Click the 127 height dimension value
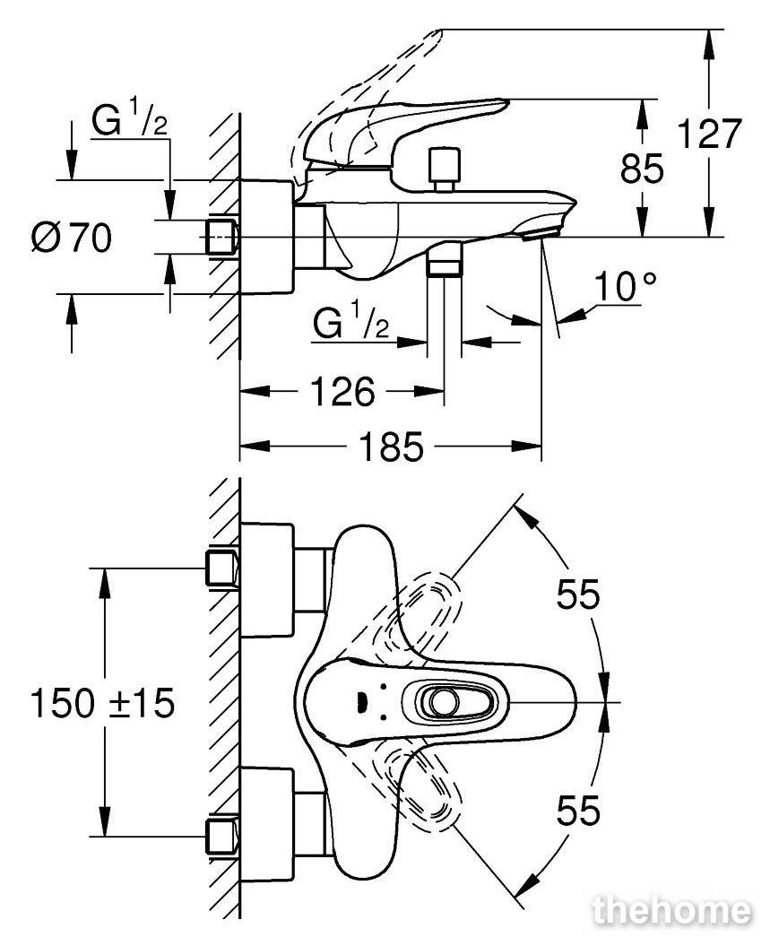[x=709, y=135]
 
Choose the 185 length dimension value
[x=392, y=446]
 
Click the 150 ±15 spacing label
[x=101, y=703]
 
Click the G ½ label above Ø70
[x=131, y=124]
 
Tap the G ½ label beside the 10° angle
[x=351, y=323]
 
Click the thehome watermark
[x=671, y=911]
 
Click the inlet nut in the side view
[x=222, y=237]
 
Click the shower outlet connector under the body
[x=443, y=262]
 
